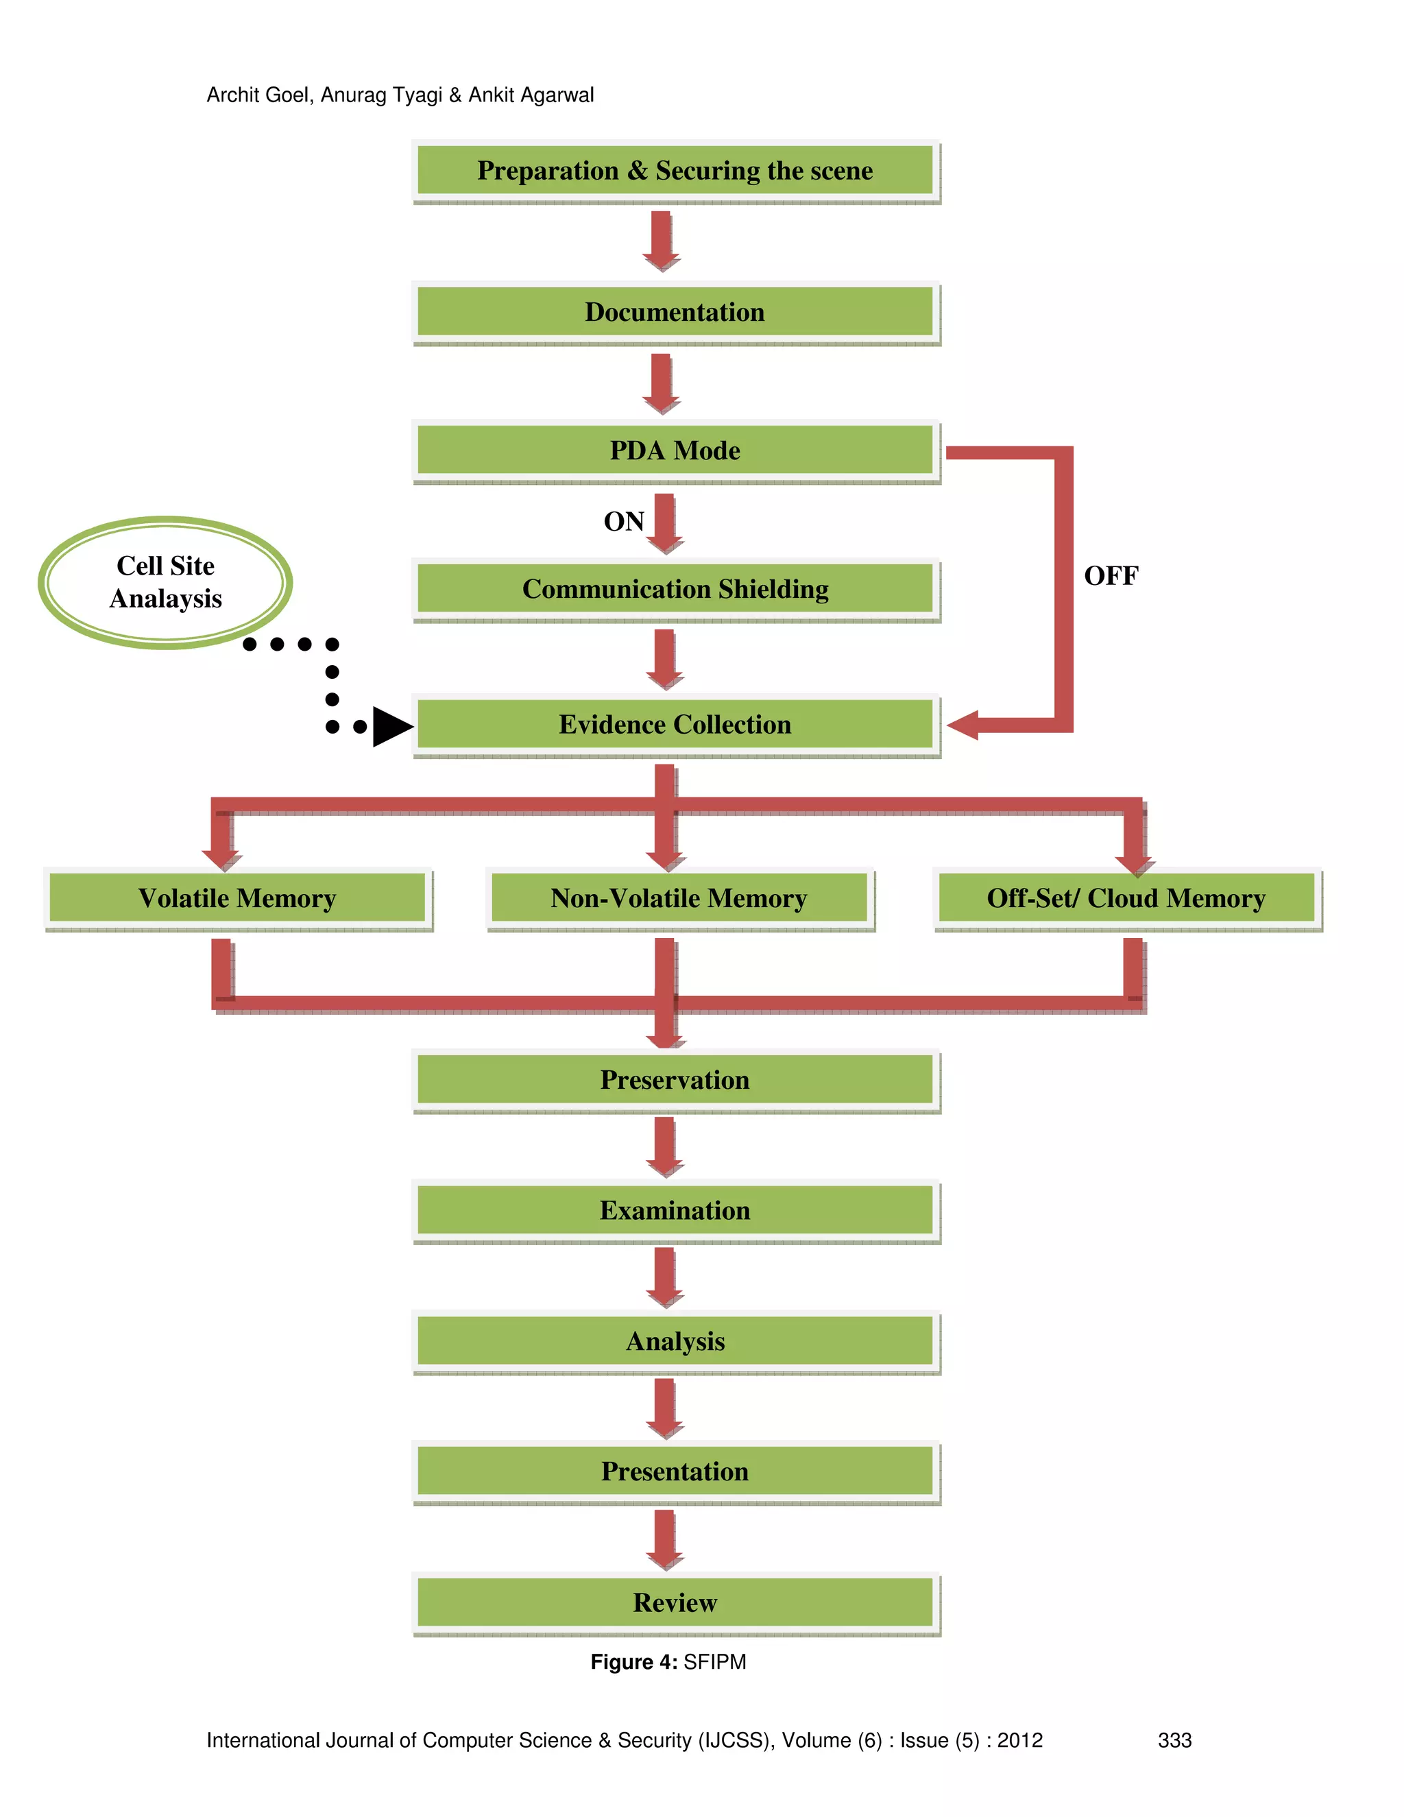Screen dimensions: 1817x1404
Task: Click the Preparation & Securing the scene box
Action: pos(675,171)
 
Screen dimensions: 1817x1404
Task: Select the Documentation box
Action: pos(675,312)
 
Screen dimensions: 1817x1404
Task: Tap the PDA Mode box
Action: pos(675,450)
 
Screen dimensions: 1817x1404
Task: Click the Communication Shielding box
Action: pos(675,589)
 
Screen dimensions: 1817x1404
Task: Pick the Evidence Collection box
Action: pos(675,725)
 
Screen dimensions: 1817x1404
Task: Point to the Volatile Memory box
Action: pos(237,898)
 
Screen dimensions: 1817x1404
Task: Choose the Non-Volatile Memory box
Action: pos(679,898)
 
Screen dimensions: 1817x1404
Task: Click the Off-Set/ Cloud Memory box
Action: pos(1126,898)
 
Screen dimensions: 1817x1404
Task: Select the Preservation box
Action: pos(675,1080)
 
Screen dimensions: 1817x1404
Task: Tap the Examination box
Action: pos(675,1210)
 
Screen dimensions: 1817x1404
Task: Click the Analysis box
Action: pos(675,1341)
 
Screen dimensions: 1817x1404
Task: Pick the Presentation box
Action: pos(675,1471)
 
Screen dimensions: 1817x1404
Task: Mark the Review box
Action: pos(675,1602)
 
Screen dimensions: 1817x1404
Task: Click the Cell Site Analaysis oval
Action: pos(165,582)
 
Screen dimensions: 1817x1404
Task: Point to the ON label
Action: pos(624,522)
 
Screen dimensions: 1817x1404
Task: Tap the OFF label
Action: pos(1111,576)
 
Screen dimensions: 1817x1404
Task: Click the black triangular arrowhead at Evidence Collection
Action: pos(391,726)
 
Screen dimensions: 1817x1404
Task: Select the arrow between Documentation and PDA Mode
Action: pos(662,383)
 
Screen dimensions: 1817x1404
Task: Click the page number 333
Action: pos(1174,1740)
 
